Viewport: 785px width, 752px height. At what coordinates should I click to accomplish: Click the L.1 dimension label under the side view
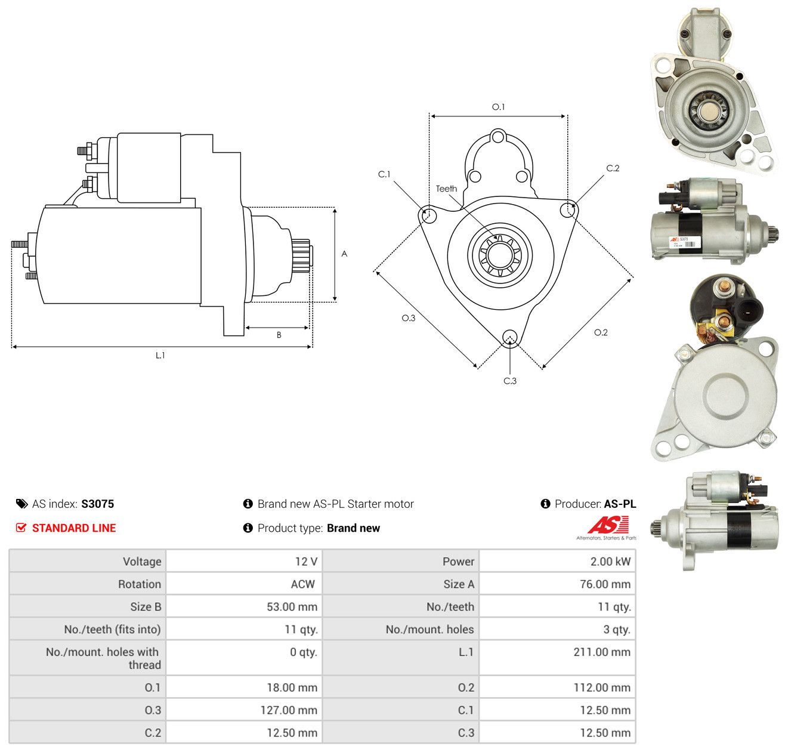point(160,355)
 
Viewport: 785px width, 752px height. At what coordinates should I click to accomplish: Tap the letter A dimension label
point(344,254)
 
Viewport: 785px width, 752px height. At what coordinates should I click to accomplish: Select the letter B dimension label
point(279,335)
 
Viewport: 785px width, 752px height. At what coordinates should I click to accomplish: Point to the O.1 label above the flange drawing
point(498,107)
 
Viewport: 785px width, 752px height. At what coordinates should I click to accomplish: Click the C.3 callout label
point(510,381)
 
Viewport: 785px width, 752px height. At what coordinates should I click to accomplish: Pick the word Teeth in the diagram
point(446,189)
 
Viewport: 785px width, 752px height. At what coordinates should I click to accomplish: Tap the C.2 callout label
point(613,168)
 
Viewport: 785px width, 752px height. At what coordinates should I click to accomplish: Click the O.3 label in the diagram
point(408,318)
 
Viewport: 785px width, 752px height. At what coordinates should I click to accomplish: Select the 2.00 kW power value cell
point(610,562)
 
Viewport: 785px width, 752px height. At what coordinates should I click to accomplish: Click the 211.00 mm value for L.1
point(602,652)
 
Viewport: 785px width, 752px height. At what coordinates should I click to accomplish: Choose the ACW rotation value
point(303,584)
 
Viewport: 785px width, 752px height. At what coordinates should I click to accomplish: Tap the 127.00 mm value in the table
point(289,710)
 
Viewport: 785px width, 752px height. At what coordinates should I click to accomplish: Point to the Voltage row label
point(142,562)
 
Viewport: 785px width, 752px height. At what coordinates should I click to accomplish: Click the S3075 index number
point(98,504)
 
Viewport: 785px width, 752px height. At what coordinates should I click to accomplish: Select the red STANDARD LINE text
point(74,528)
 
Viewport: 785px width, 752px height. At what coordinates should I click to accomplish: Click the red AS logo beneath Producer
point(607,525)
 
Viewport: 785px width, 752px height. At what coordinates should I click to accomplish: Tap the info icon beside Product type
point(248,528)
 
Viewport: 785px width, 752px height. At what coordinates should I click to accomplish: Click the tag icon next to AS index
point(22,504)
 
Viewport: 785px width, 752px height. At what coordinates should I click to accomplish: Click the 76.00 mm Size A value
point(605,584)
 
